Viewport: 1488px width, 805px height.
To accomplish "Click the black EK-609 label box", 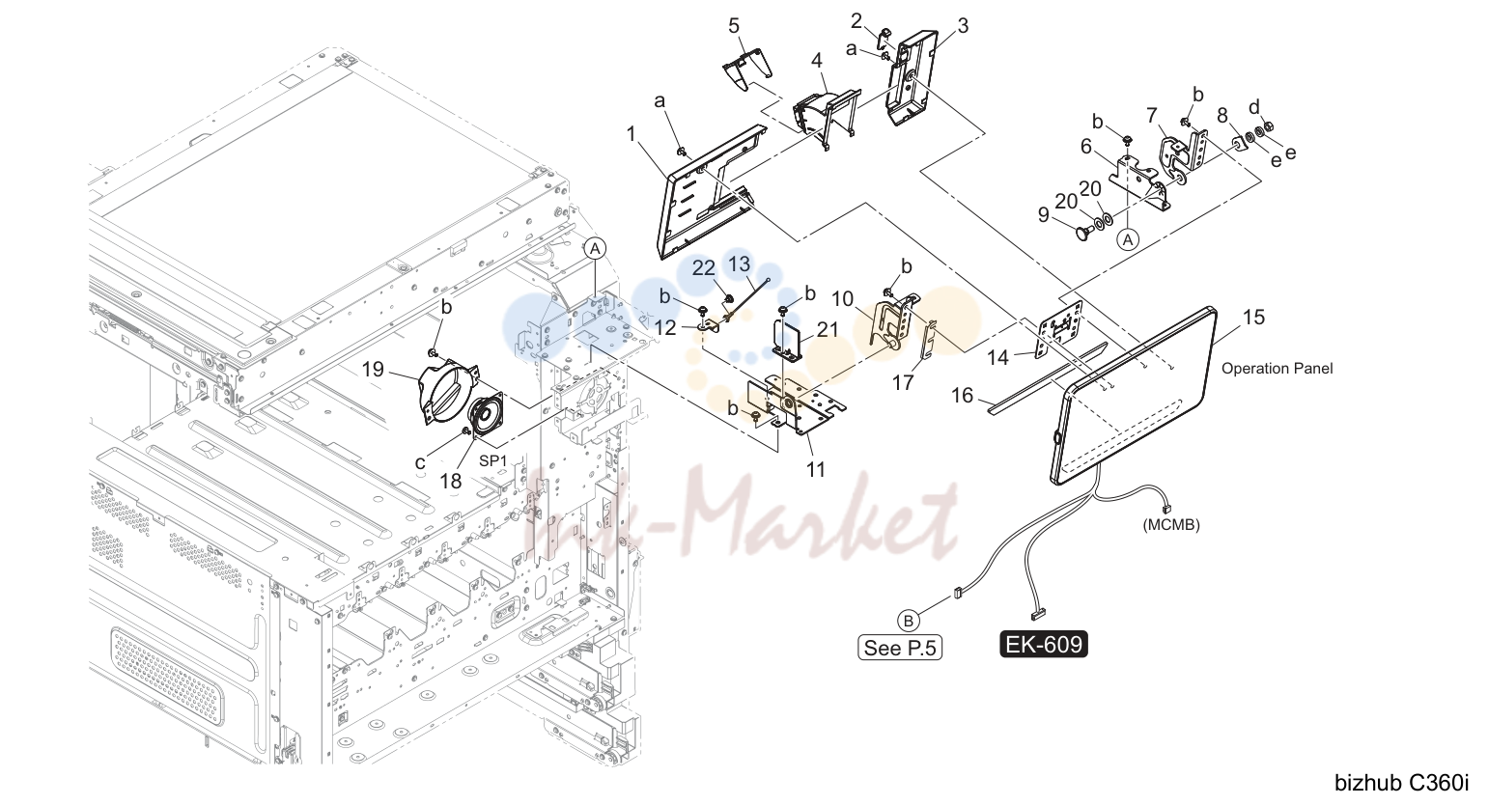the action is click(1044, 644).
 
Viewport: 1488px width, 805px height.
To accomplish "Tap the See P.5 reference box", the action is click(900, 648).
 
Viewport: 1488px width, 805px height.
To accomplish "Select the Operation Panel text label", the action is click(1277, 369).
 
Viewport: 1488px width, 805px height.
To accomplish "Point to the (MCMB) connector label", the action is click(1171, 525).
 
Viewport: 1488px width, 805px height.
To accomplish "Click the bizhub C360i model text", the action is click(1402, 783).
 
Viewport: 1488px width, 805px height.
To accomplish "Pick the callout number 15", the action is click(1253, 318).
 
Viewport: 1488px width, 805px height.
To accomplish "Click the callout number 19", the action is click(373, 370).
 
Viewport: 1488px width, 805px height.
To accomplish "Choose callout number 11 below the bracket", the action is click(815, 469).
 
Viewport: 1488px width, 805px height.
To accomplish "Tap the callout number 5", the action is click(733, 26).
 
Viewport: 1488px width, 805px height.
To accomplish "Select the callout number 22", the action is click(704, 268).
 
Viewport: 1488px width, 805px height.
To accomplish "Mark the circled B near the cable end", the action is click(908, 621).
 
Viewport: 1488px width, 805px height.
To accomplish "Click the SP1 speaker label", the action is click(492, 461).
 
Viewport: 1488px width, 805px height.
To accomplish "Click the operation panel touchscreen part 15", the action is click(1133, 395).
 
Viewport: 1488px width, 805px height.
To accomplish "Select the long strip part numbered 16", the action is click(1048, 378).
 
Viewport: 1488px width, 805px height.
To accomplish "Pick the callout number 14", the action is click(997, 358).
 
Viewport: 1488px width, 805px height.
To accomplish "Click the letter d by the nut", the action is click(1253, 107).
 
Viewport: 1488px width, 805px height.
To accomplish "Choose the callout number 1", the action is click(632, 134).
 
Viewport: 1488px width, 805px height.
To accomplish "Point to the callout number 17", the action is click(903, 382).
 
